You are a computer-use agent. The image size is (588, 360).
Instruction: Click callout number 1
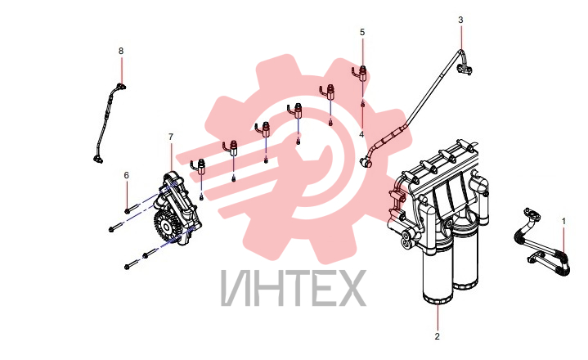563,222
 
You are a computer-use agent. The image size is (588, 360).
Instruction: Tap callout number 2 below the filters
437,337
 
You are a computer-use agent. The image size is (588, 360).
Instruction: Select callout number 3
461,20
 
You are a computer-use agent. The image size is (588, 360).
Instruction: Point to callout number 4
361,134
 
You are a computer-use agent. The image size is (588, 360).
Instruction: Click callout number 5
362,32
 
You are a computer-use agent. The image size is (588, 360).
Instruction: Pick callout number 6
127,175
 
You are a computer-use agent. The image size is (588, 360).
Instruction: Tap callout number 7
171,137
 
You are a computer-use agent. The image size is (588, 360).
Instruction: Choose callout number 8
121,51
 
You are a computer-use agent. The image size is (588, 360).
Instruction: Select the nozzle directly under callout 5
361,72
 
